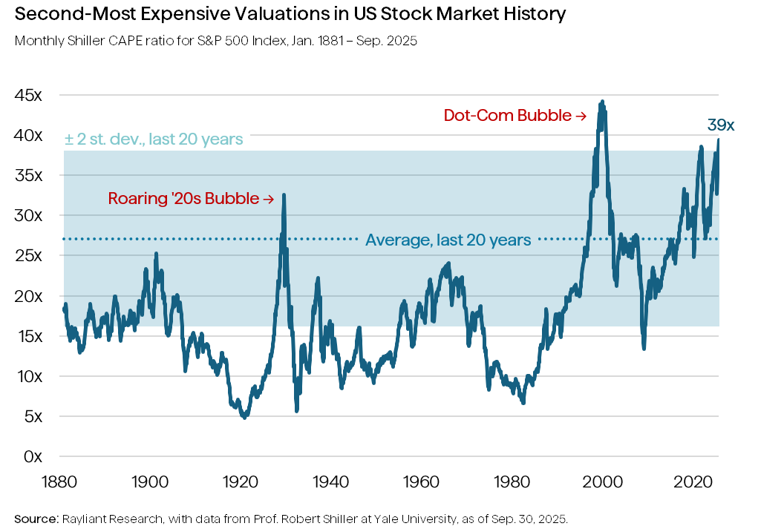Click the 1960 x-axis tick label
[422, 482]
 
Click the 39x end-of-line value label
[721, 125]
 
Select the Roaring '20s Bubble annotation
[183, 199]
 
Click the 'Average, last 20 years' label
[448, 240]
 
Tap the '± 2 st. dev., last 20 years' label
[153, 139]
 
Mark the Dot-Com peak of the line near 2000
[601, 102]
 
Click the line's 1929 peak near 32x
[284, 194]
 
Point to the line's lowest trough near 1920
[244, 418]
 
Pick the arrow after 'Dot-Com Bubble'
[581, 116]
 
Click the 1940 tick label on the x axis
[332, 482]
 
